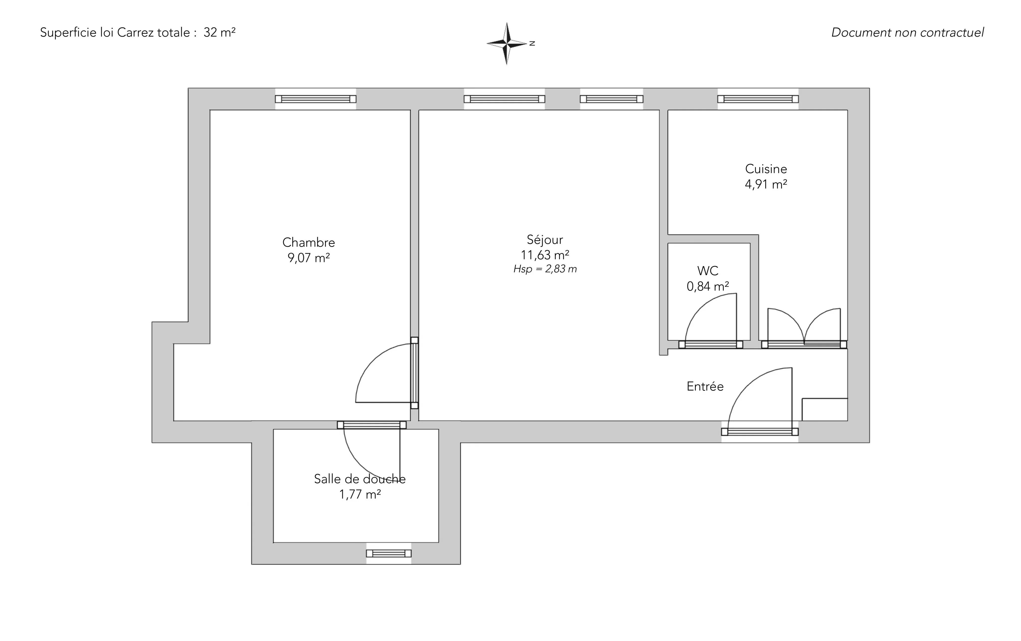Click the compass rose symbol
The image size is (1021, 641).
pyautogui.click(x=507, y=43)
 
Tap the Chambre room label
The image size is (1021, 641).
pyautogui.click(x=309, y=242)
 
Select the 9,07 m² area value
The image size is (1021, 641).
pyautogui.click(x=309, y=258)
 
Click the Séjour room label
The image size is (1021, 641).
pyautogui.click(x=545, y=240)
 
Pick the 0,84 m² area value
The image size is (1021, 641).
pyautogui.click(x=708, y=286)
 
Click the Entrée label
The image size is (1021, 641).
pyautogui.click(x=705, y=386)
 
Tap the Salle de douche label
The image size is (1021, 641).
pyautogui.click(x=359, y=479)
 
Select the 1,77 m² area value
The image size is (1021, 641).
pyautogui.click(x=359, y=494)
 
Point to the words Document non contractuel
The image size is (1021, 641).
pyautogui.click(x=907, y=33)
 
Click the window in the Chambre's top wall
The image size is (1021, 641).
pyautogui.click(x=316, y=99)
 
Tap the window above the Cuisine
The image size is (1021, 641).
pyautogui.click(x=758, y=99)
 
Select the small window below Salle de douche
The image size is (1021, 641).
pyautogui.click(x=389, y=553)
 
